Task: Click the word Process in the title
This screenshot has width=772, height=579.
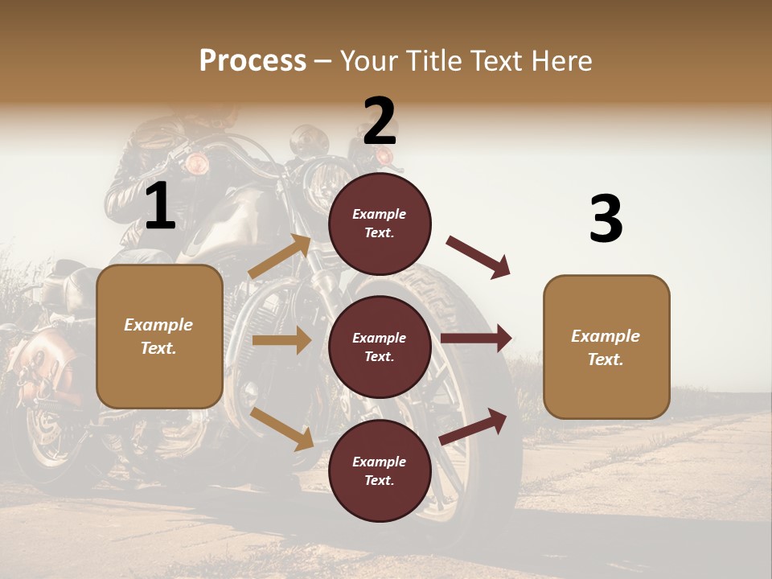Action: pyautogui.click(x=253, y=60)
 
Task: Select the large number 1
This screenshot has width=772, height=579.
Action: pyautogui.click(x=159, y=207)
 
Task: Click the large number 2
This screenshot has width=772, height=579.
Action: pyautogui.click(x=380, y=121)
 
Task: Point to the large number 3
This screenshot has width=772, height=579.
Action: pyautogui.click(x=606, y=219)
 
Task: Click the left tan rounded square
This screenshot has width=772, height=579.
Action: pyautogui.click(x=159, y=336)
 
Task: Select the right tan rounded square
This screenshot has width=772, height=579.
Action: pyautogui.click(x=606, y=347)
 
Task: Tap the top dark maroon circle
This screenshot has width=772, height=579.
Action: pyautogui.click(x=380, y=224)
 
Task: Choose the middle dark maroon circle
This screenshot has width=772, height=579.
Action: pyautogui.click(x=380, y=347)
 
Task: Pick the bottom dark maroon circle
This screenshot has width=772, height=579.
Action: pyautogui.click(x=380, y=471)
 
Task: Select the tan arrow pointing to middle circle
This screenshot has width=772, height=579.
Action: pyautogui.click(x=281, y=340)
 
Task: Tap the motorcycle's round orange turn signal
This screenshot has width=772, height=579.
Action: pyautogui.click(x=196, y=165)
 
